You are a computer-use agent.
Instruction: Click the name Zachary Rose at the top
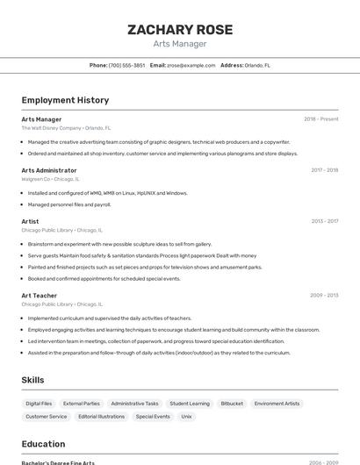click(180, 30)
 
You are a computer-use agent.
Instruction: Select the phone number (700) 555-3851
click(126, 65)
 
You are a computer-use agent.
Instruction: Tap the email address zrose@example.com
click(191, 65)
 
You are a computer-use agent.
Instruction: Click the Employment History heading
click(65, 100)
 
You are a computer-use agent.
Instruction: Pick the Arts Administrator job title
click(49, 170)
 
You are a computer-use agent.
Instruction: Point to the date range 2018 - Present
click(320, 118)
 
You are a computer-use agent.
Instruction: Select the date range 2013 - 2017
click(324, 221)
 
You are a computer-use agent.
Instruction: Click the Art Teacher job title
click(40, 296)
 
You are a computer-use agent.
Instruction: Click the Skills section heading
click(33, 380)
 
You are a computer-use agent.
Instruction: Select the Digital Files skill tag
click(39, 404)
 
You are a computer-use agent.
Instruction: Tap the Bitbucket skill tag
click(232, 404)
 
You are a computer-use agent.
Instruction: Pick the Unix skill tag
click(186, 417)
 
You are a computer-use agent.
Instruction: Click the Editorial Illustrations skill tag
click(101, 417)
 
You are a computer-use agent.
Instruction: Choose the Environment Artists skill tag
click(277, 404)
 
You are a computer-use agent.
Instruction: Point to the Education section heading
click(43, 444)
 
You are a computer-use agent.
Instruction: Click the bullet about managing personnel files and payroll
click(69, 204)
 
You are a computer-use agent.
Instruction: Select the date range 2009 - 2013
click(324, 296)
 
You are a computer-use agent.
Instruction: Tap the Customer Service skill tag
click(47, 417)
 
